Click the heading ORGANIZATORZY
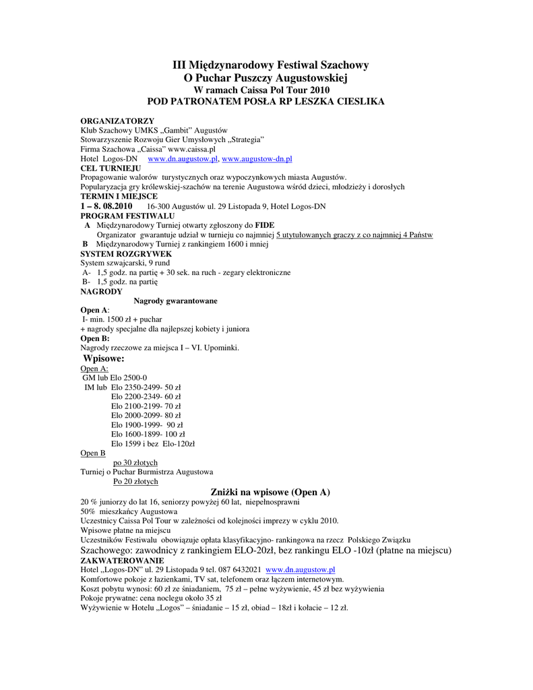[117, 120]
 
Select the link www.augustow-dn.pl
[257, 158]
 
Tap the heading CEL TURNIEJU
[111, 168]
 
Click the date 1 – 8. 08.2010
[106, 206]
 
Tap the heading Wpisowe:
[103, 358]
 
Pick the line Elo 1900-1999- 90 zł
[147, 425]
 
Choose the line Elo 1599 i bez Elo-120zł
[152, 444]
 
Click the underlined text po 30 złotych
[135, 462]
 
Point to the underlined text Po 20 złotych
[135, 482]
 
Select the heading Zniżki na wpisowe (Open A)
[270, 492]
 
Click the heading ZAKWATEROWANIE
[122, 560]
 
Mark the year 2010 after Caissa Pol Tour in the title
[318, 89]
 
